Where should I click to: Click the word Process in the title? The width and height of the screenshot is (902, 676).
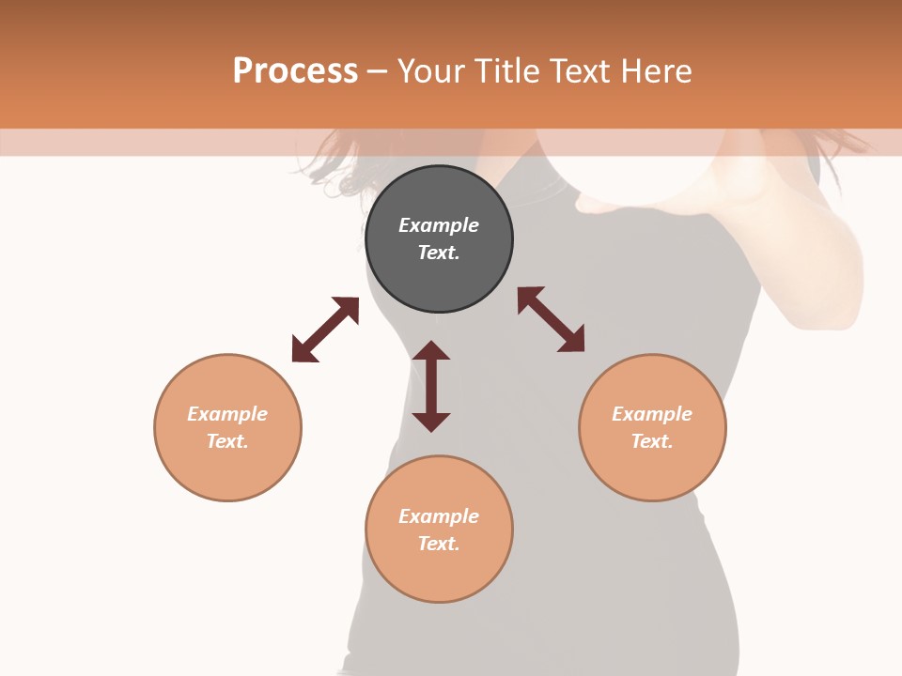pos(295,71)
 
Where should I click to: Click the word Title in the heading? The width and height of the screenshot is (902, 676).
pos(508,71)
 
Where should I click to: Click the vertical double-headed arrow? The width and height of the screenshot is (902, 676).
pos(431,386)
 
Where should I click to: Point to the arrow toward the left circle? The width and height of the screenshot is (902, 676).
pos(325,330)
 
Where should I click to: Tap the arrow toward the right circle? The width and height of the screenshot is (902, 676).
pos(551,319)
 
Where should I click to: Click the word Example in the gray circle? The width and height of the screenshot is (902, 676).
pos(439,225)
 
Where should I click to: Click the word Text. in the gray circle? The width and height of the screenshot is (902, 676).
pos(439,253)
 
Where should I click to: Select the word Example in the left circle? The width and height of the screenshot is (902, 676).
pos(227,414)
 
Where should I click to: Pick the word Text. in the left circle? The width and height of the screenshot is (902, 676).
pos(227,441)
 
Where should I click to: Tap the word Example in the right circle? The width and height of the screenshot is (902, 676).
pos(652,414)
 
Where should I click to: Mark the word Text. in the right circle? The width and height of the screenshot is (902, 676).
pos(652,441)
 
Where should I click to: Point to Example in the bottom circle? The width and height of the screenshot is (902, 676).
pos(439,516)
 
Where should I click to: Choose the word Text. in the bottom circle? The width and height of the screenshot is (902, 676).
pos(439,544)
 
